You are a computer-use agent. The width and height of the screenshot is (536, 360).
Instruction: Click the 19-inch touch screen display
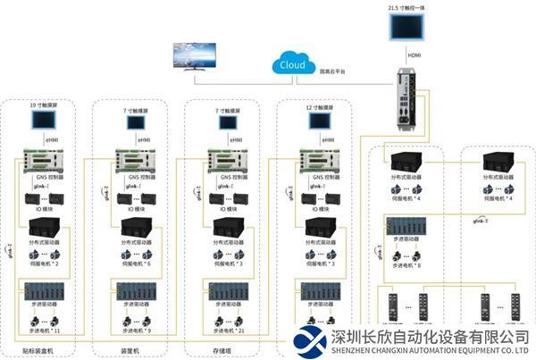(44, 124)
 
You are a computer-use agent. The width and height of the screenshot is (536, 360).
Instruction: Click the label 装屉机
(131, 351)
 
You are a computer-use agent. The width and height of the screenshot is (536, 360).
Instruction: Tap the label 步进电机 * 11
(44, 331)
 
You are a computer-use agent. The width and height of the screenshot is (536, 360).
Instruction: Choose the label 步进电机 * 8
(406, 265)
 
